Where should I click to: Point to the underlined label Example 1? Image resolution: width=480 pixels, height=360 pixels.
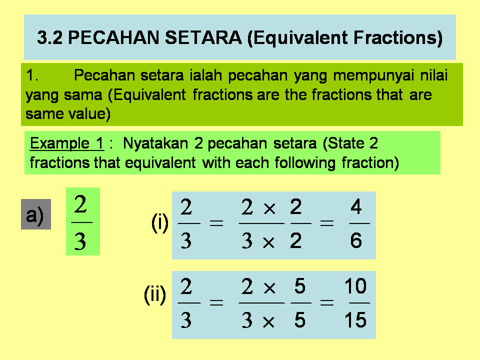66,144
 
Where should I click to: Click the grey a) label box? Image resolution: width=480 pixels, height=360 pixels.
36,214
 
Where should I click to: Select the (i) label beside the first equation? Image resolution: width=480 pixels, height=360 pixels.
160,223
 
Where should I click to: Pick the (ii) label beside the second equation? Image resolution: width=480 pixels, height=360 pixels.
155,295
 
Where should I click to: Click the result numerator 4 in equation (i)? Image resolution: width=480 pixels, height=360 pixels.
356,206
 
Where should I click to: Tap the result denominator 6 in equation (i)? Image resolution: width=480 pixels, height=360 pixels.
356,241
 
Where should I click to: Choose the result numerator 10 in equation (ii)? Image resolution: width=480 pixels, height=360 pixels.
355,287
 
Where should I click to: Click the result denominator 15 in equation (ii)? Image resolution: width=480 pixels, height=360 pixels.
355,320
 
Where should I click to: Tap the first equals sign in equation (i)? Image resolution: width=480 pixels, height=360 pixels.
216,224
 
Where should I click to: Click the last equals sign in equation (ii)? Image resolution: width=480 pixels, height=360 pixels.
327,302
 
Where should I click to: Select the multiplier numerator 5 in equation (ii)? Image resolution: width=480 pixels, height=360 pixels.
300,287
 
